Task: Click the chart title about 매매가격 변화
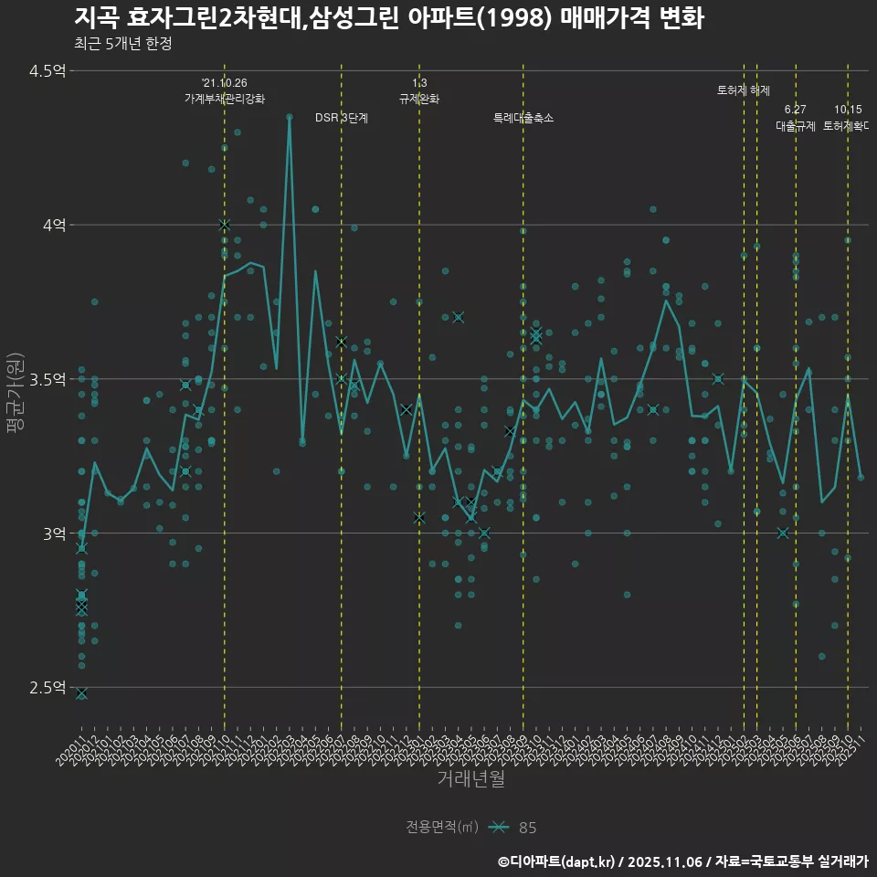388,18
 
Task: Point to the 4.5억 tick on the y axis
48,71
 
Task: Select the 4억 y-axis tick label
53,225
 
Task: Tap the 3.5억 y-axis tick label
48,379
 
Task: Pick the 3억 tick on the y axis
53,534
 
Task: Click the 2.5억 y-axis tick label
48,687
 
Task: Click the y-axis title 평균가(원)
16,379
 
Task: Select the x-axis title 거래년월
470,779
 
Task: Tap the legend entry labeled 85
527,828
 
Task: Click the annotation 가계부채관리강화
225,99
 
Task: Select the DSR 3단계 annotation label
341,118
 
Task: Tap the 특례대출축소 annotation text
523,118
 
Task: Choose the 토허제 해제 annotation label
744,90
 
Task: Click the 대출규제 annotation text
795,126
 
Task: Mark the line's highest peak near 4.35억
290,117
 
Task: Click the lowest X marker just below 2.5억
81,694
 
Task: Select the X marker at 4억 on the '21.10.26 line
225,225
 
